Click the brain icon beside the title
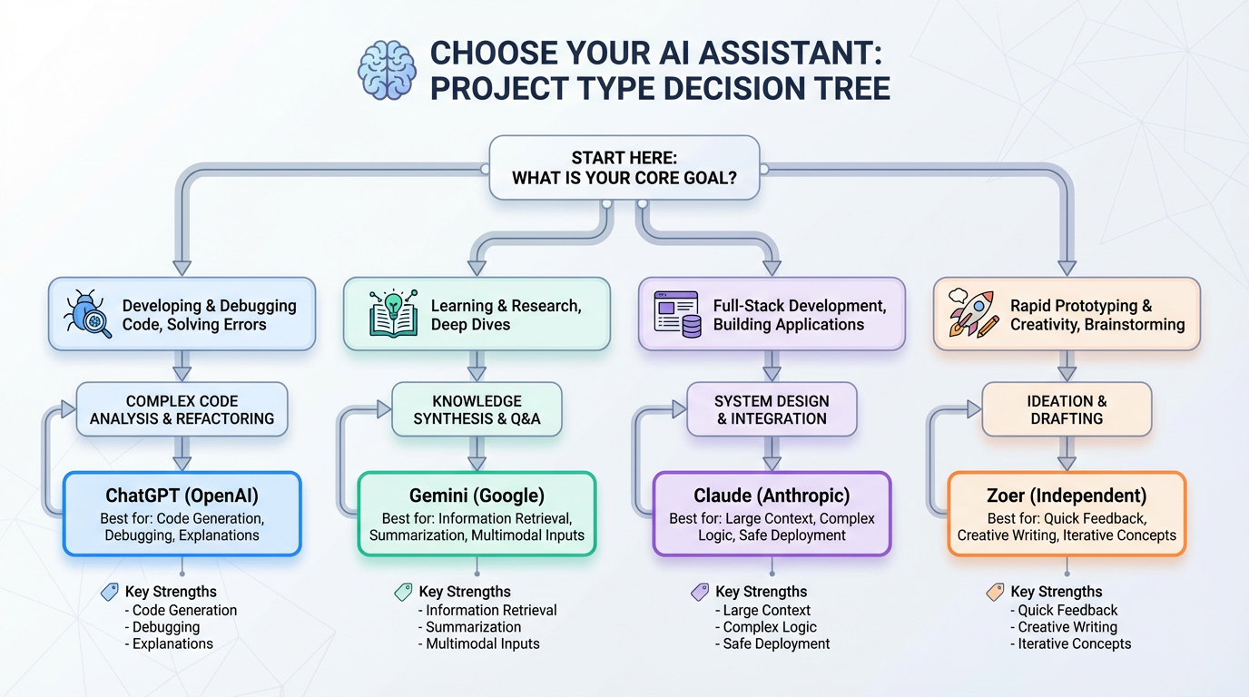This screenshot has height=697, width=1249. point(388,69)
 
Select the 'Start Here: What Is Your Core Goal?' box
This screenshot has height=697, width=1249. point(624,168)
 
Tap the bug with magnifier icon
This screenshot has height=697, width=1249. point(87,314)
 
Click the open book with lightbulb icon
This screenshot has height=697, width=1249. point(394,314)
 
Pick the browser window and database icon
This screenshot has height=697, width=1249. point(676,314)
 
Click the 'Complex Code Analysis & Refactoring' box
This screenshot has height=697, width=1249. point(182,409)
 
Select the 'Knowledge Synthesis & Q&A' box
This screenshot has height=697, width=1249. point(477,409)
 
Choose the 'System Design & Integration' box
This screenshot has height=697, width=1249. point(772,409)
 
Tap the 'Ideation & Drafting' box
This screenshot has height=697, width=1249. point(1067,409)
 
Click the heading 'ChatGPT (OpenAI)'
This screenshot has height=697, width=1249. point(182,496)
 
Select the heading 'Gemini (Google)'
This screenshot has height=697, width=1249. point(477,496)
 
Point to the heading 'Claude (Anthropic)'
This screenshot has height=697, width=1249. point(772,496)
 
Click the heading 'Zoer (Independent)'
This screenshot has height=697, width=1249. point(1067,496)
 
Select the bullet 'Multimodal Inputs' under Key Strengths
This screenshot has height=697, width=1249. point(483,643)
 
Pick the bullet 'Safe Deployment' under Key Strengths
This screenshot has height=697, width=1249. point(776,643)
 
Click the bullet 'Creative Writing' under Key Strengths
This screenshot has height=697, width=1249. point(1067,627)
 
